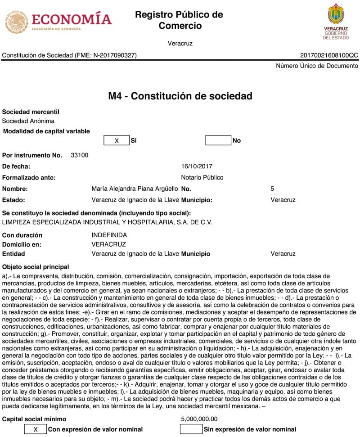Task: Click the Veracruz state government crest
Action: [336, 21]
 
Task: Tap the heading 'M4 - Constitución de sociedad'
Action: [180, 96]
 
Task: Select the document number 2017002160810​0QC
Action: [329, 55]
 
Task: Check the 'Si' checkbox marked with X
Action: [117, 140]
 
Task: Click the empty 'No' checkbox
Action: [218, 140]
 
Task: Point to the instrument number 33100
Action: [80, 155]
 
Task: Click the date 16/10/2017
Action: [197, 167]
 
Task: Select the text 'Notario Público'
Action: [202, 177]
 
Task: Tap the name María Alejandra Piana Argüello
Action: [135, 189]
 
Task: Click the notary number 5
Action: [272, 189]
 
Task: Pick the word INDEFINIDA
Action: [109, 235]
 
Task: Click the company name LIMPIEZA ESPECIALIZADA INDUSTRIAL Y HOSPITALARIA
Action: [107, 222]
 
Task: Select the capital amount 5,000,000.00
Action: [199, 419]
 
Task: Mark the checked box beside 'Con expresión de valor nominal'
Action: [36, 429]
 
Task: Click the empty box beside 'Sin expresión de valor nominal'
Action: [191, 429]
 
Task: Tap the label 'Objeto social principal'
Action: [36, 267]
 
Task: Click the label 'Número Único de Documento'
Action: [317, 66]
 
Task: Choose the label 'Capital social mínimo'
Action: [35, 419]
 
